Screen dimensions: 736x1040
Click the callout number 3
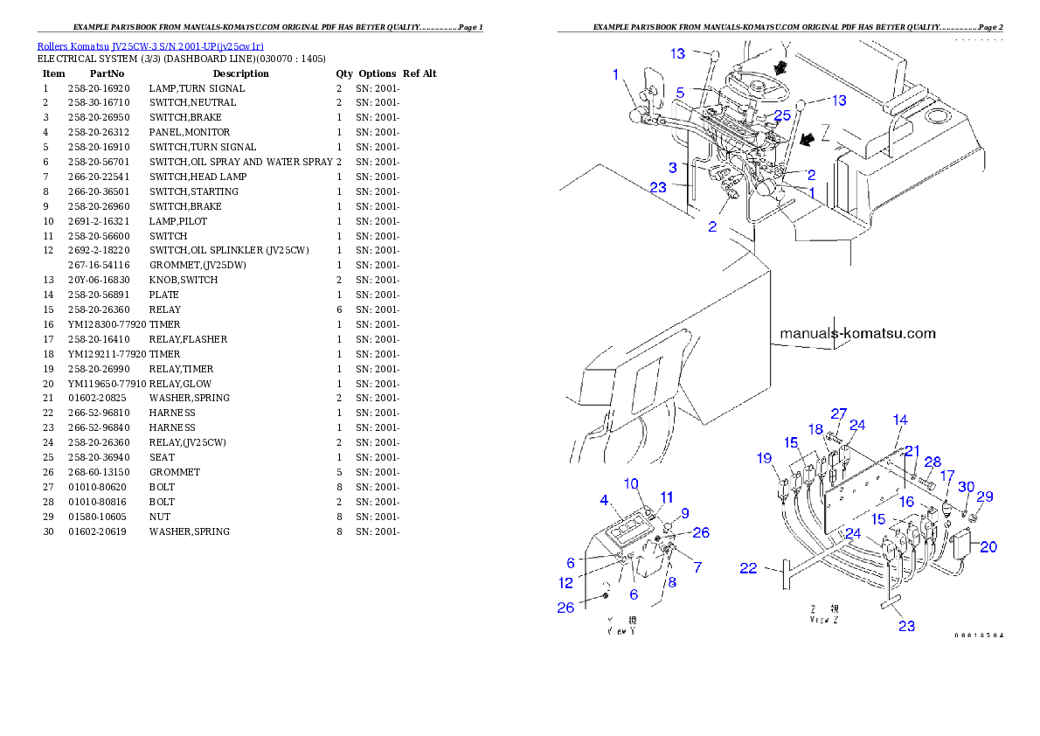click(x=673, y=167)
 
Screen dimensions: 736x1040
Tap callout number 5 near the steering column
click(x=680, y=91)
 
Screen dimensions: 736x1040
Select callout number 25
click(x=782, y=115)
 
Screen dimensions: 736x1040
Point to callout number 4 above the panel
click(x=603, y=501)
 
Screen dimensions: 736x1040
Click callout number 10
click(x=631, y=483)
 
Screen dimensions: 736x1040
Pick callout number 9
click(x=685, y=513)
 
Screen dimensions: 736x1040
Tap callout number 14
click(x=900, y=420)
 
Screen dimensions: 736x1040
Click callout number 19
click(x=765, y=457)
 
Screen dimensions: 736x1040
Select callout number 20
click(x=988, y=547)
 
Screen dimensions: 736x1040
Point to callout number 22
click(x=748, y=568)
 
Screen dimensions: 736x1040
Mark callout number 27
click(x=839, y=413)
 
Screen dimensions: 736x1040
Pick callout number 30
click(x=966, y=486)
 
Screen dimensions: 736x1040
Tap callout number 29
click(x=985, y=496)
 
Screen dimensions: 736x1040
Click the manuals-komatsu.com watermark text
click(x=857, y=333)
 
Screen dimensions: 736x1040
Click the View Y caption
click(x=621, y=625)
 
